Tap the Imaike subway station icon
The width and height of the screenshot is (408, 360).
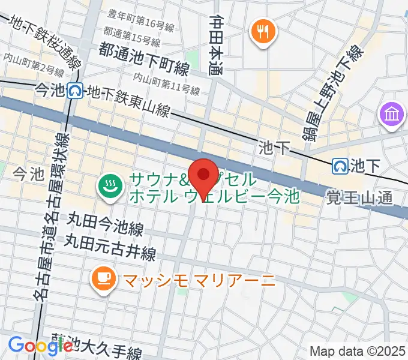[x=76, y=91]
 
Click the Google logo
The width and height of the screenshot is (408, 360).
[x=40, y=345]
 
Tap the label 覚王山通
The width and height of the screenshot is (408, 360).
[x=359, y=197]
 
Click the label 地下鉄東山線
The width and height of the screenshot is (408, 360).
[x=128, y=100]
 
